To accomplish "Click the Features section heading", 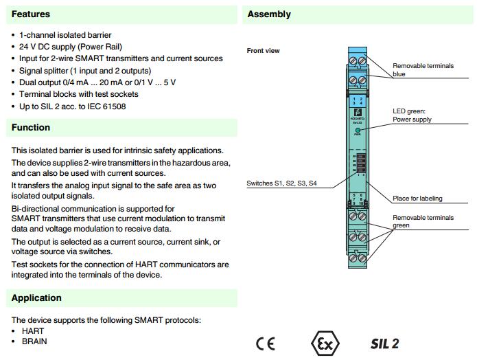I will tap(30, 14).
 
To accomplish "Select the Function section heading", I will tap(30, 127).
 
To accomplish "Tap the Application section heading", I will tap(36, 297).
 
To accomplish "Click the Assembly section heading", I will tap(269, 14).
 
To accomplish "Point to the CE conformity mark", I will tap(265, 344).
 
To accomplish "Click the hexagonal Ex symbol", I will tap(324, 343).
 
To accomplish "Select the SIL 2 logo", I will tap(384, 344).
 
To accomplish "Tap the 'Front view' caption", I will tap(263, 51).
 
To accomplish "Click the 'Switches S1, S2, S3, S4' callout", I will tap(281, 183).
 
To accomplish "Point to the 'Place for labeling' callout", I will tap(417, 199).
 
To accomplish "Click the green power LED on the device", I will tap(358, 129).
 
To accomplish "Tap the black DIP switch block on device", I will tap(356, 166).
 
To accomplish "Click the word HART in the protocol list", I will tap(33, 331).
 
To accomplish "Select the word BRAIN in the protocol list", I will tap(34, 341).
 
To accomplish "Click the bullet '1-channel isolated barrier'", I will tap(65, 35).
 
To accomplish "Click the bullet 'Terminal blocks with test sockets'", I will tap(79, 94).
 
